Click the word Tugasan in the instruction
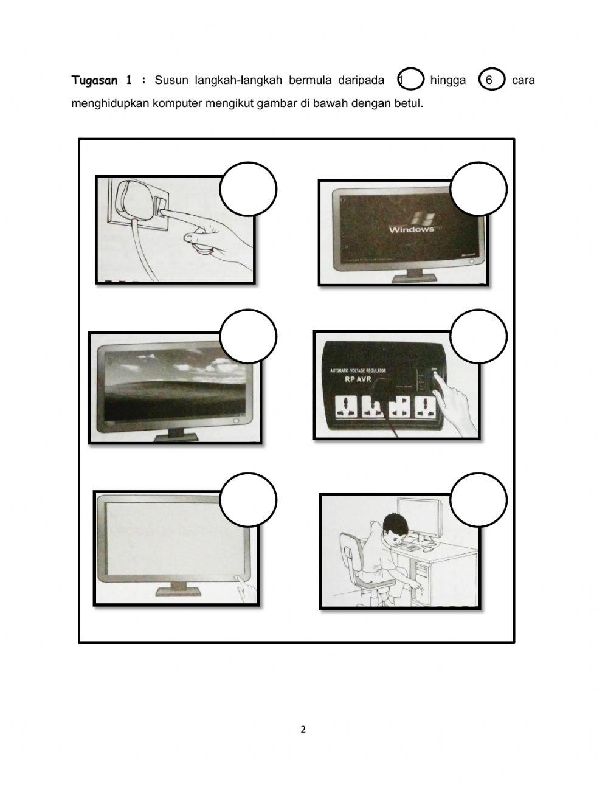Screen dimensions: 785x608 (94, 80)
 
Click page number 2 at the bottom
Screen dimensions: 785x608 (303, 730)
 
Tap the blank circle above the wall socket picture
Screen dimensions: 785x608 (248, 189)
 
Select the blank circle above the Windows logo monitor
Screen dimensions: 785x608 (478, 189)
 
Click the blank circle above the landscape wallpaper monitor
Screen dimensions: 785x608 (248, 336)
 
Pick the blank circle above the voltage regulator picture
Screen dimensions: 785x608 (478, 336)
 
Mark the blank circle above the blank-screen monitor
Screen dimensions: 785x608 (248, 500)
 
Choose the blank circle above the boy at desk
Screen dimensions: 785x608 (478, 500)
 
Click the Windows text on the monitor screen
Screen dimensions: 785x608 (412, 229)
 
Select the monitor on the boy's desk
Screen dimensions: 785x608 (420, 517)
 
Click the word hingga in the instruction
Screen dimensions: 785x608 (447, 80)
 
